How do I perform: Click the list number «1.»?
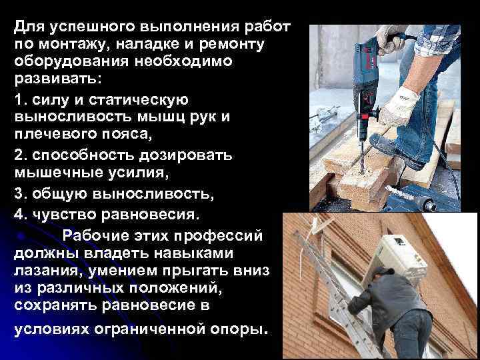20,99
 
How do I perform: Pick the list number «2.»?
21,155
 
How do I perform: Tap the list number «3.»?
21,196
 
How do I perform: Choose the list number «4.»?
21,216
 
